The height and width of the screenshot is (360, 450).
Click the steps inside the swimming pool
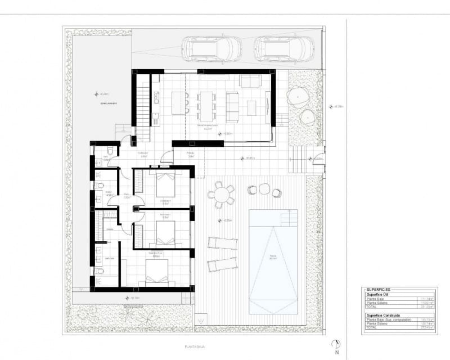289,218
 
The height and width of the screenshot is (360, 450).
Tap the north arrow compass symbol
336,345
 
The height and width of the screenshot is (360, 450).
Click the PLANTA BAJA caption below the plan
193,348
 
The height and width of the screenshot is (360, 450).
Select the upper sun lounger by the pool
223,242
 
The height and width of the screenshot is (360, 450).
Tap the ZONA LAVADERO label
104,103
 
